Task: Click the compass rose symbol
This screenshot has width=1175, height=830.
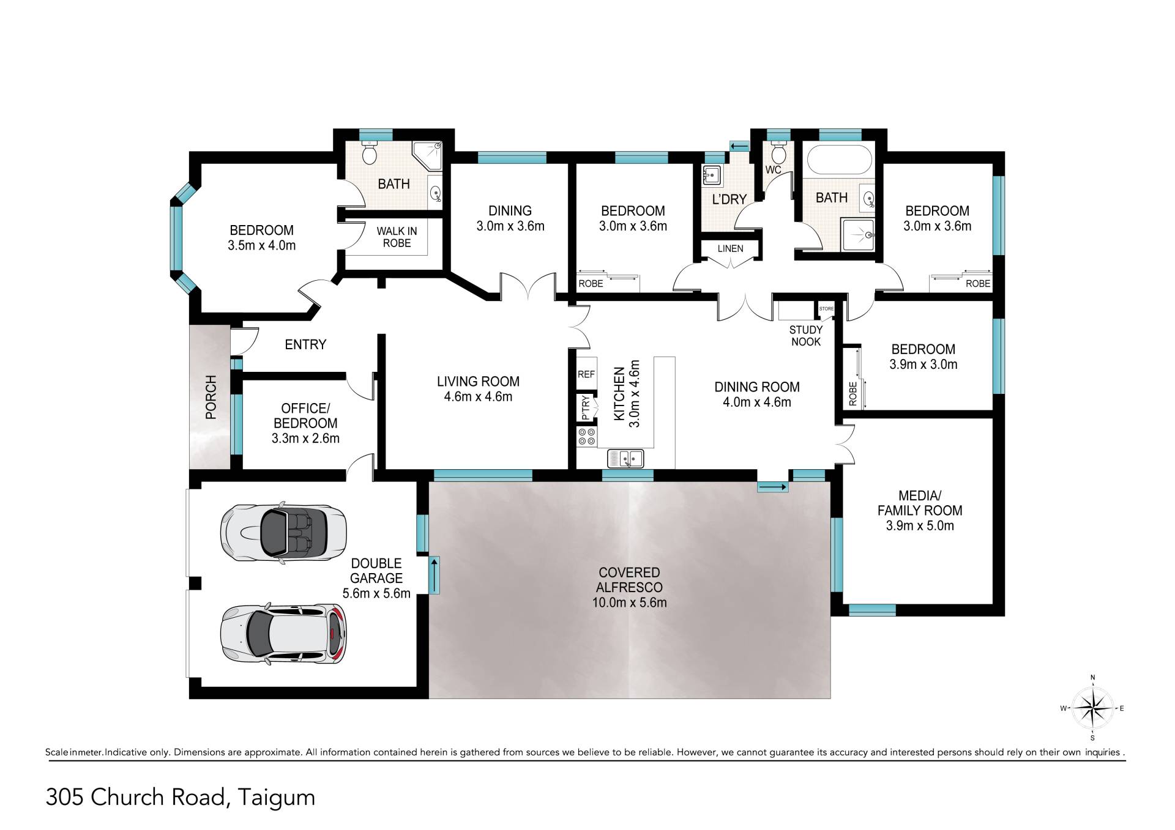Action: pyautogui.click(x=1093, y=708)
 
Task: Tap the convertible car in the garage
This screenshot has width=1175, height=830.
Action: pyautogui.click(x=283, y=531)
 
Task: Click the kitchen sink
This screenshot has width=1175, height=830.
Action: pyautogui.click(x=625, y=458)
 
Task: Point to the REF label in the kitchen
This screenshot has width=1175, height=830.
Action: pyautogui.click(x=586, y=374)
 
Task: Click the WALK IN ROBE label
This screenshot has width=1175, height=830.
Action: pyautogui.click(x=397, y=237)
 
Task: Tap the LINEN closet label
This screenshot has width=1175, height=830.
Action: pyautogui.click(x=731, y=249)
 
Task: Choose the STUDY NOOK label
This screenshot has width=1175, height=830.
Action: pyautogui.click(x=806, y=336)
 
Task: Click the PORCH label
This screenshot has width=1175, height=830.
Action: pyautogui.click(x=211, y=397)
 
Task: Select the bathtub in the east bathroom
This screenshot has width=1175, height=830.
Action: pyautogui.click(x=838, y=160)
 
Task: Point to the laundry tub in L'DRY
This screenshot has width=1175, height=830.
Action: pyautogui.click(x=712, y=176)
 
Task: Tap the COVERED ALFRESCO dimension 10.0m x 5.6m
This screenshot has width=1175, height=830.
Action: pyautogui.click(x=629, y=602)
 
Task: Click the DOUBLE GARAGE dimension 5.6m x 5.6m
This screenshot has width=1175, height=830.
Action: pyautogui.click(x=376, y=593)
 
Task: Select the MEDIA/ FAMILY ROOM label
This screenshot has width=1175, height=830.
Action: pyautogui.click(x=920, y=503)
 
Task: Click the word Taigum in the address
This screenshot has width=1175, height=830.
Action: pyautogui.click(x=277, y=798)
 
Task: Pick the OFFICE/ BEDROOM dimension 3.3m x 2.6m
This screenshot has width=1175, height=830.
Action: pyautogui.click(x=305, y=439)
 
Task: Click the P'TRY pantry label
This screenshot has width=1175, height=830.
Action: pyautogui.click(x=586, y=407)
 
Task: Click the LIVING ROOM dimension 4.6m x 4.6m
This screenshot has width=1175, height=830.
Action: pyautogui.click(x=478, y=397)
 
